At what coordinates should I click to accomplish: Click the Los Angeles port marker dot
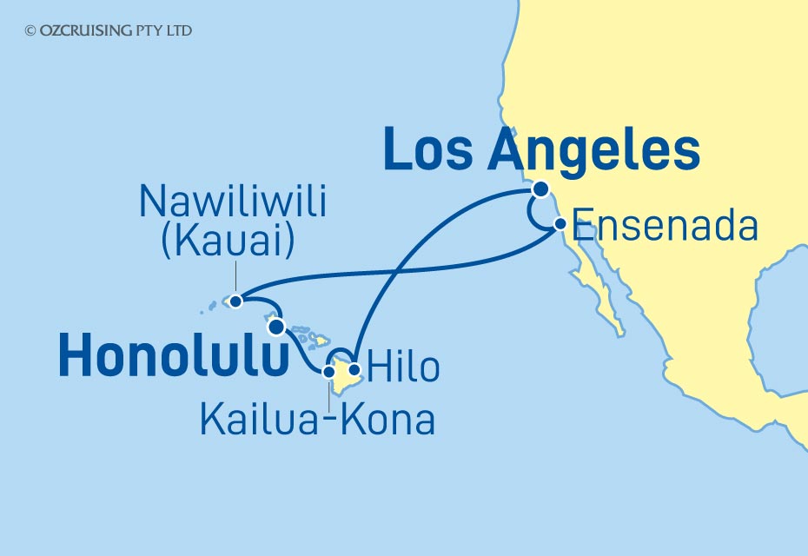(541, 189)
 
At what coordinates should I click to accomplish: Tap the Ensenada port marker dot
(560, 223)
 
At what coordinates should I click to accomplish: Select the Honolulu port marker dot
(276, 327)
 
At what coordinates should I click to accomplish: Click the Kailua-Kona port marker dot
(329, 372)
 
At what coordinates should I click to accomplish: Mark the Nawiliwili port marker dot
(235, 301)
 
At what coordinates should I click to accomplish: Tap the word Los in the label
(429, 150)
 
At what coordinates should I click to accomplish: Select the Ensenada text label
(666, 227)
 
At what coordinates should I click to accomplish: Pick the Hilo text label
(405, 367)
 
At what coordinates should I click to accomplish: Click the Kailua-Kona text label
(317, 420)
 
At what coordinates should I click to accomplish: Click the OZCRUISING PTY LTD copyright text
(109, 30)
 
